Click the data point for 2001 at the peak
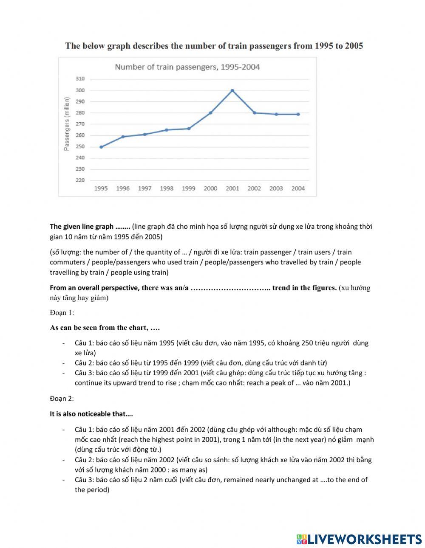pyautogui.click(x=232, y=90)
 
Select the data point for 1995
pyautogui.click(x=101, y=147)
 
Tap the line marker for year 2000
pyautogui.click(x=210, y=113)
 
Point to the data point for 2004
pyautogui.click(x=298, y=114)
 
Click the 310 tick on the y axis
pyautogui.click(x=80, y=79)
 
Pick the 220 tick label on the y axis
pyautogui.click(x=80, y=180)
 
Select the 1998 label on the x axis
pyautogui.click(x=167, y=188)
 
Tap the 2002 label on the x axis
pyautogui.click(x=254, y=188)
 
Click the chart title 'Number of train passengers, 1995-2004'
pyautogui.click(x=187, y=67)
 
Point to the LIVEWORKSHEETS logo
pyautogui.click(x=359, y=539)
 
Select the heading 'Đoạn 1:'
pyautogui.click(x=62, y=313)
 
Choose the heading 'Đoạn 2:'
pyautogui.click(x=62, y=399)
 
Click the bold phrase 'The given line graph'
pyautogui.click(x=82, y=226)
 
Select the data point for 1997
pyautogui.click(x=144, y=134)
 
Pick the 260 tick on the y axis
pyautogui.click(x=80, y=135)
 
